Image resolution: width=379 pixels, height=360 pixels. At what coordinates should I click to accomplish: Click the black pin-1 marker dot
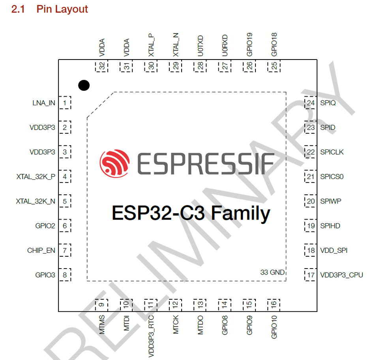(84, 85)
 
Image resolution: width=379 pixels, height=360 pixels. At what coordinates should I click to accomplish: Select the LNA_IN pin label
(44, 103)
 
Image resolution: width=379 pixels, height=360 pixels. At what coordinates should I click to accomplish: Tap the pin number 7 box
(65, 250)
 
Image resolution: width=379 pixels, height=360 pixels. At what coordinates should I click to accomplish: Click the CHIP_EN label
(41, 250)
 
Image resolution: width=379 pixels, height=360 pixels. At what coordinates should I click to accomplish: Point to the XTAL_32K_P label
(36, 177)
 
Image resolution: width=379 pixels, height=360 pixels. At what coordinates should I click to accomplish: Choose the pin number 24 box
(311, 103)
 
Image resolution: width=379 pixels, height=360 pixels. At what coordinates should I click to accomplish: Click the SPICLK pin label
(332, 152)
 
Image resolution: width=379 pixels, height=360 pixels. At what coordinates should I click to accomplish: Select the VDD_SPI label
(334, 250)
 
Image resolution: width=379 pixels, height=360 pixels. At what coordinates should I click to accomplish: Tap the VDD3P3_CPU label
(341, 275)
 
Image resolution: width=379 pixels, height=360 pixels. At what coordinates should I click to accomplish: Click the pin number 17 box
(311, 275)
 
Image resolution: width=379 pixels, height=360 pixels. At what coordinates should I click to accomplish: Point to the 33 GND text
(272, 272)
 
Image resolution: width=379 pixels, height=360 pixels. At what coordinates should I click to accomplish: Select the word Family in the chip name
(240, 213)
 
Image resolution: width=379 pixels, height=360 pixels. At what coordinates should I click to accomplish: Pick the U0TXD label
(201, 45)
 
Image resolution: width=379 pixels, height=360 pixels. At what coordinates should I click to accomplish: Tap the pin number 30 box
(151, 66)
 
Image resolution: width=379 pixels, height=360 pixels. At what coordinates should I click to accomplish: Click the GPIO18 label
(274, 44)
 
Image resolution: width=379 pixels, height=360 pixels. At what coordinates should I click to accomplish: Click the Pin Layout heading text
(62, 9)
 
